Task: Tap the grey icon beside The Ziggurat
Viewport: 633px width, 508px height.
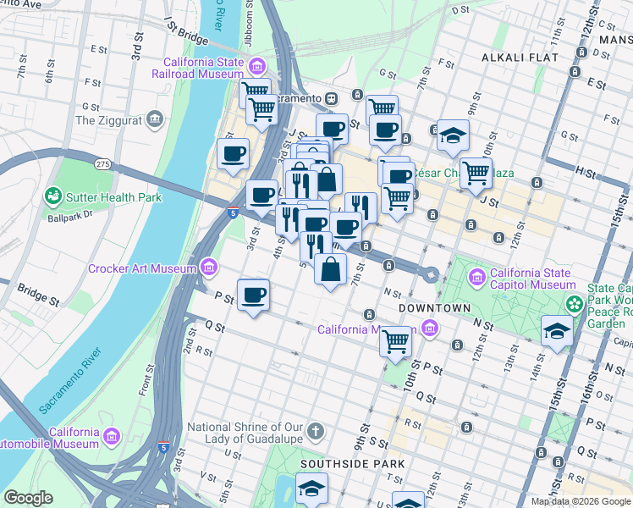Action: click(154, 119)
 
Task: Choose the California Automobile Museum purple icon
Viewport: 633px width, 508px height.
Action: click(111, 437)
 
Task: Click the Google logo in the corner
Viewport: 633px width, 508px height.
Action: click(28, 498)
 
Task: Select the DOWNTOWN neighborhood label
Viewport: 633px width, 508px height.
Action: click(434, 307)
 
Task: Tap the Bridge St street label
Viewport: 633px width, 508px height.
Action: click(37, 294)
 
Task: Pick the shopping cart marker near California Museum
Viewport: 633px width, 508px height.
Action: click(396, 342)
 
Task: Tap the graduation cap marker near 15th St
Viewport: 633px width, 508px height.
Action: click(557, 330)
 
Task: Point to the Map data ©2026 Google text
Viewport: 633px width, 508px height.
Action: click(580, 501)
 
